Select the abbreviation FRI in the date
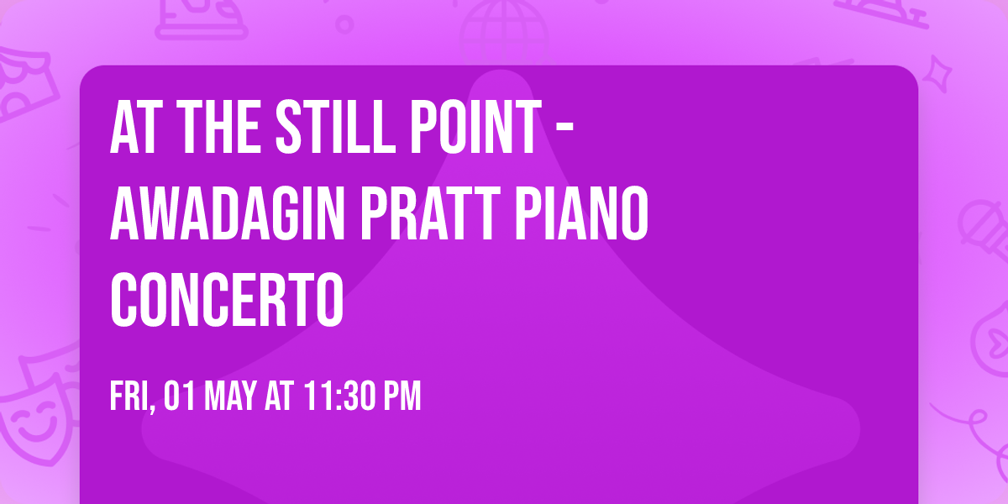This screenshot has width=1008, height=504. [x=129, y=396]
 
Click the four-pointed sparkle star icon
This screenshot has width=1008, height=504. [x=942, y=71]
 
